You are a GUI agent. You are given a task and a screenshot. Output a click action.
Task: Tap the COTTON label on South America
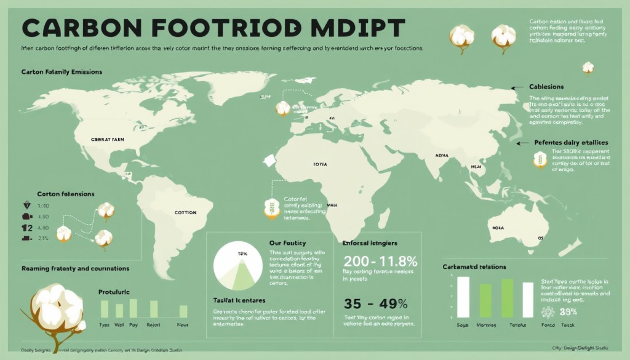pyautogui.click(x=185, y=212)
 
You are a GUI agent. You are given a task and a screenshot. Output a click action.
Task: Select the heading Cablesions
pyautogui.click(x=546, y=87)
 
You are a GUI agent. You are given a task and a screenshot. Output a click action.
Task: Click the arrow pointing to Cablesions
pyautogui.click(x=517, y=87)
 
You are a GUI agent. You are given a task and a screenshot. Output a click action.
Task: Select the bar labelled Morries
pyautogui.click(x=485, y=301)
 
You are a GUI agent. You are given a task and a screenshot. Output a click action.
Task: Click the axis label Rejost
pyautogui.click(x=154, y=324)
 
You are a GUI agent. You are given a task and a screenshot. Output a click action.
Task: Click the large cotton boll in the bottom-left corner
pyautogui.click(x=58, y=308)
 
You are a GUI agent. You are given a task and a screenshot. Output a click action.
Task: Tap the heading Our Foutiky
pyautogui.click(x=287, y=243)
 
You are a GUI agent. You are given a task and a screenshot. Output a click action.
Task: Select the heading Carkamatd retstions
pyautogui.click(x=474, y=266)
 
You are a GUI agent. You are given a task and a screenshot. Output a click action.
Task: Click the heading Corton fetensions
pyautogui.click(x=66, y=194)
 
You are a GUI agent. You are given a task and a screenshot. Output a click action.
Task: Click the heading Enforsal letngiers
pyautogui.click(x=370, y=243)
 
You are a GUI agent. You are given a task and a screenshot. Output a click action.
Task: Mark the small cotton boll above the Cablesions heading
pyautogui.click(x=588, y=67)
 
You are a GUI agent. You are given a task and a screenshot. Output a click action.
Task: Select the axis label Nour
pyautogui.click(x=183, y=324)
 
